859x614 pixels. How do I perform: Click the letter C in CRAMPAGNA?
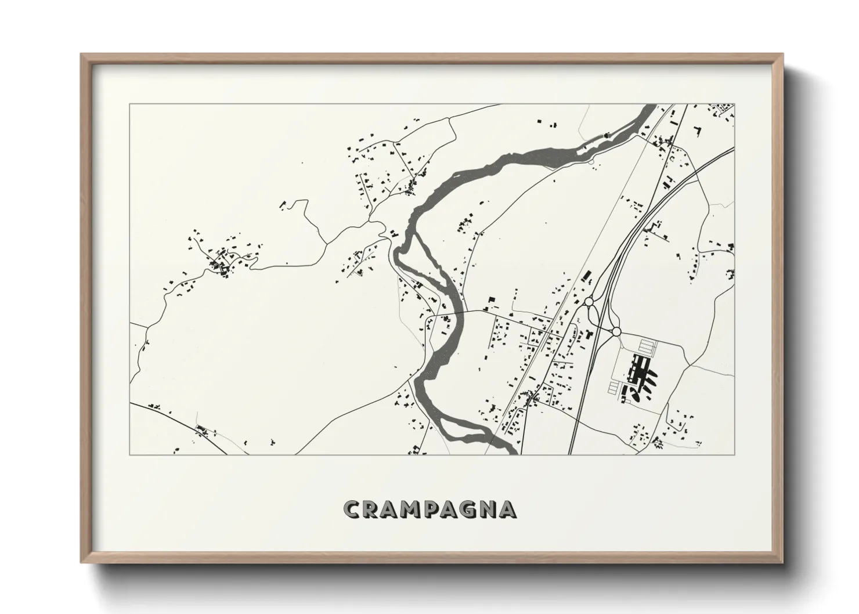[x=352, y=510]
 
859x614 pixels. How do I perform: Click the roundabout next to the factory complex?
[x=616, y=331]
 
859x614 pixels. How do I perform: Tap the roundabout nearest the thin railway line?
[x=589, y=302]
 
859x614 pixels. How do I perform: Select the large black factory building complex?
[x=641, y=371]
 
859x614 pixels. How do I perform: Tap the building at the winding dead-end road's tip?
[x=284, y=204]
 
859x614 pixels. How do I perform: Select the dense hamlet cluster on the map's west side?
[x=221, y=261]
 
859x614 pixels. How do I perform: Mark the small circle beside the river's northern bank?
[x=591, y=162]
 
